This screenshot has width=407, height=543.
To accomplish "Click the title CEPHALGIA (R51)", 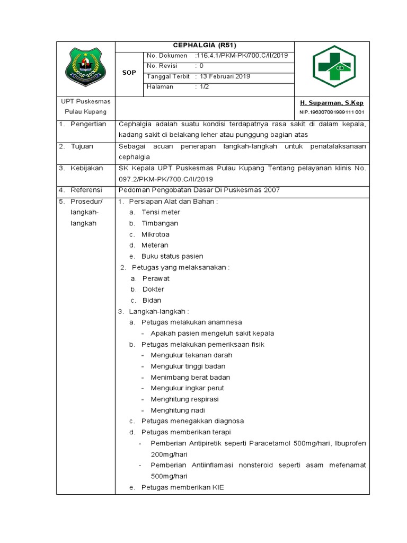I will point(204,46).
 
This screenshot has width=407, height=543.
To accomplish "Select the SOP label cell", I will point(129,73).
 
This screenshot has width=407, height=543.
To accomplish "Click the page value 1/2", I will point(205,87).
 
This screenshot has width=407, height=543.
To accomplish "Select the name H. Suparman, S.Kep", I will point(332,103).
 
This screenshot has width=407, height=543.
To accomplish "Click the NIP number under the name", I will point(332,112).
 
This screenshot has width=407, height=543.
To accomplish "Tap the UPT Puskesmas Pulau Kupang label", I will point(85,107).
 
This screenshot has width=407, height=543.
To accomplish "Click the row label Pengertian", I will point(89,124).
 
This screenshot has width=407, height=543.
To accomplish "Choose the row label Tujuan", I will point(82,146).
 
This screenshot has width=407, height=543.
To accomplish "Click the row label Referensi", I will point(87,190).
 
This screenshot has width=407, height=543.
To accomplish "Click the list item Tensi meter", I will point(161,212).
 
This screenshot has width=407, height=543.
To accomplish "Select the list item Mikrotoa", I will point(155,234).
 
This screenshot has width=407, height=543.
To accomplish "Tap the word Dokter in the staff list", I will point(153,290).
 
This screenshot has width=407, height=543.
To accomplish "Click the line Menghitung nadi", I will point(178,410).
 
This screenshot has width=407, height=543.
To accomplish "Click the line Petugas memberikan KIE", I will point(182,487).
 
